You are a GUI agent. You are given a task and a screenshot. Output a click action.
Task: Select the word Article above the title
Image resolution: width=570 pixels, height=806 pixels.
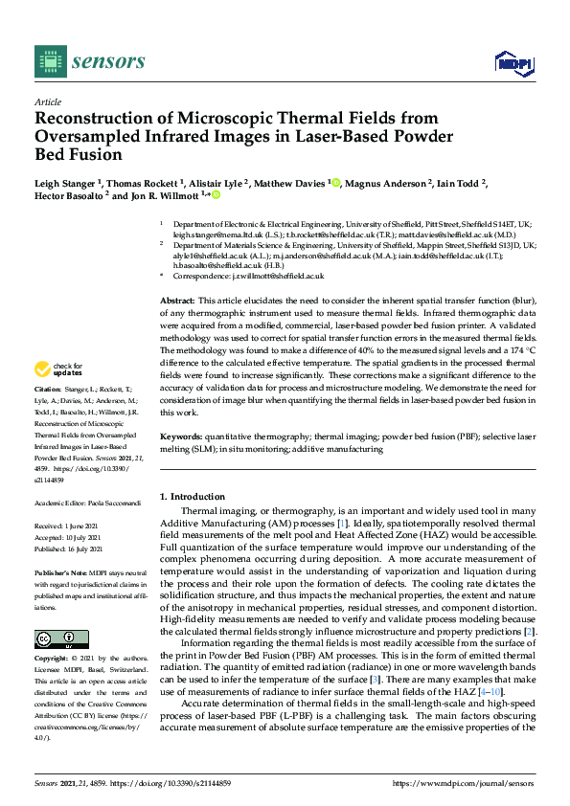47,101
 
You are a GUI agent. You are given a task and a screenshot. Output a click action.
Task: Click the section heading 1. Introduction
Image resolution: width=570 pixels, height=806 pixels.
193,497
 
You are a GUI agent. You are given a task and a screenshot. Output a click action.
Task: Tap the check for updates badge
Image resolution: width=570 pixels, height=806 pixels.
58,369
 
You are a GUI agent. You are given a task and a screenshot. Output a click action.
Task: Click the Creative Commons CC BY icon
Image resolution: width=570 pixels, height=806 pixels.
61,638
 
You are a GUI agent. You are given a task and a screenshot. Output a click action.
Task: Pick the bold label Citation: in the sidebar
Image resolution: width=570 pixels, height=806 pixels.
48,392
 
